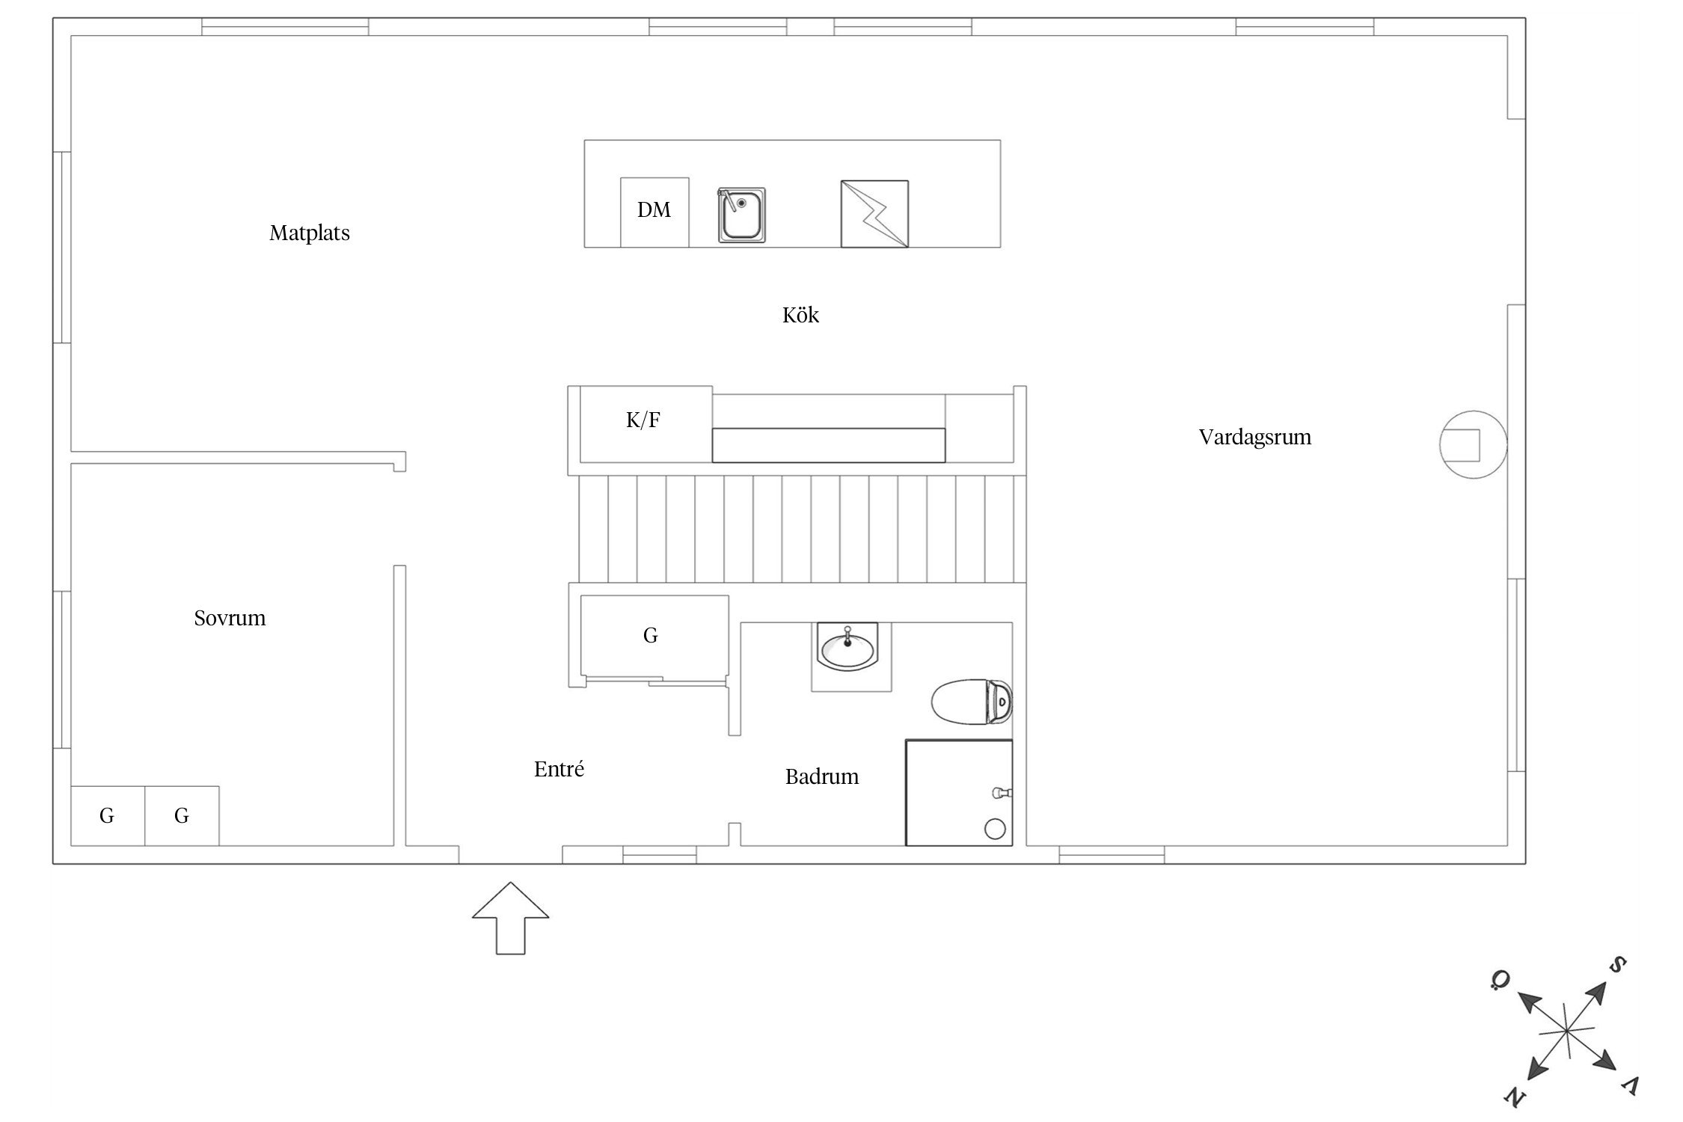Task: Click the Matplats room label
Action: coord(310,233)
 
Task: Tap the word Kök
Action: coord(800,315)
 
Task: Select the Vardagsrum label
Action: coord(1255,438)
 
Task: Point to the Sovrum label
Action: coord(230,618)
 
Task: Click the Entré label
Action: coord(559,769)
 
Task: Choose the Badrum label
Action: coord(822,776)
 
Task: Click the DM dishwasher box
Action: coord(654,212)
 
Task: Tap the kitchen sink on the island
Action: coord(741,215)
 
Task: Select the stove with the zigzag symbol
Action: coord(874,214)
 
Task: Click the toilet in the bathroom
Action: coord(972,702)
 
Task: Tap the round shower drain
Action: coord(995,829)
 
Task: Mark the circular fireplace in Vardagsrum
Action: coord(1473,445)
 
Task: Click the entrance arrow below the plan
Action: coord(510,918)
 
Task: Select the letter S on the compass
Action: coord(1617,965)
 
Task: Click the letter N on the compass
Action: coord(1514,1097)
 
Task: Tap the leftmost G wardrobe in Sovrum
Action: coord(108,816)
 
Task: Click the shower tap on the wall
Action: coord(1002,792)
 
